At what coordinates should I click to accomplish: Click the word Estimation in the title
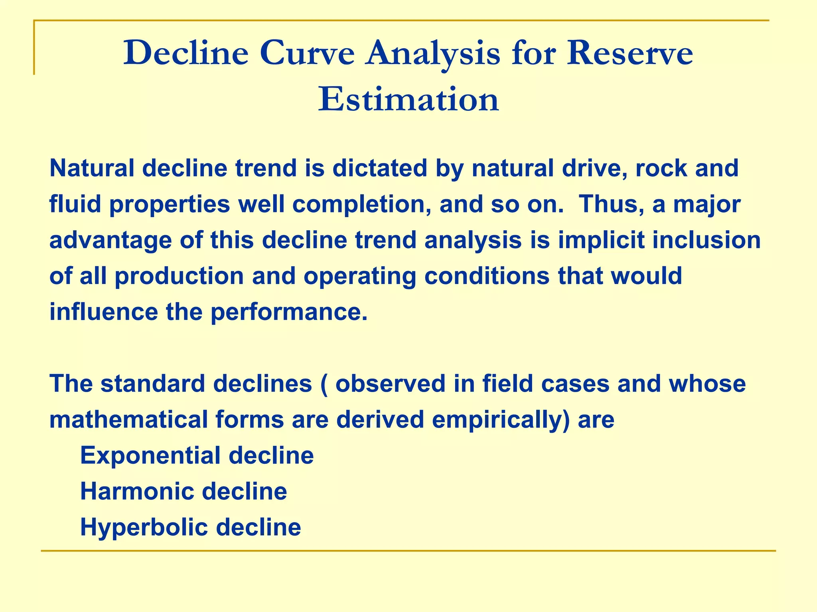click(x=408, y=99)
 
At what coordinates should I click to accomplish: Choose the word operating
click(x=359, y=276)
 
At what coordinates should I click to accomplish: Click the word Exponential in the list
click(x=150, y=455)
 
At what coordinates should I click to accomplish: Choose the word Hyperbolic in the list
click(x=144, y=527)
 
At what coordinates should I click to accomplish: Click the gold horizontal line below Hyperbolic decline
click(x=408, y=551)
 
